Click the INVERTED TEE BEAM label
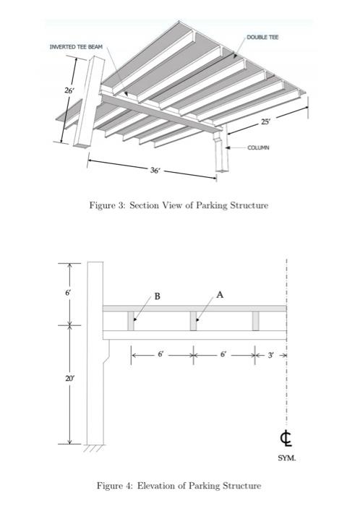[76, 48]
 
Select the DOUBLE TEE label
[262, 37]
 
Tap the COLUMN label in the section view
[258, 147]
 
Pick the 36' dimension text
[155, 171]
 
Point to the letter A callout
[220, 294]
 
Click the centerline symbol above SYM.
[287, 438]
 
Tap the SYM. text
[287, 458]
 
